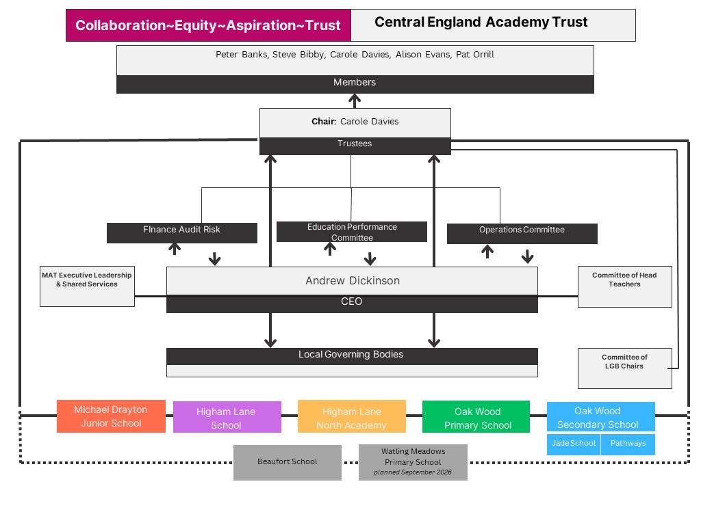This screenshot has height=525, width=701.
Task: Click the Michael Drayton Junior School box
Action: [x=111, y=416]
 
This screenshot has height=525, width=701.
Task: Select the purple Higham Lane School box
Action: [x=227, y=418]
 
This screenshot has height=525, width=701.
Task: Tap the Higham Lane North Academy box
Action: [x=351, y=418]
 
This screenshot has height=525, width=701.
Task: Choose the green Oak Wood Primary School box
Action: [x=476, y=418]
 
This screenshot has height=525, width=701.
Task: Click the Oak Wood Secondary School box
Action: [x=600, y=417]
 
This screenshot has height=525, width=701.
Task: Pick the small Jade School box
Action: [x=574, y=444]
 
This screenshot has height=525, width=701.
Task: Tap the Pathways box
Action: [x=628, y=444]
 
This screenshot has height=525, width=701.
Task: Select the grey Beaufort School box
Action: [x=287, y=462]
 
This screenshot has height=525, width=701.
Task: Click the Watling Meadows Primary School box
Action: [x=413, y=462]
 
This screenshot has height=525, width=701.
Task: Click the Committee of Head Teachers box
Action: [x=624, y=286]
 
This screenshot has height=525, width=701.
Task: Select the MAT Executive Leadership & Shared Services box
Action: [x=87, y=286]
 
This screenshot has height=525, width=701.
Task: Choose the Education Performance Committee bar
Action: [x=351, y=232]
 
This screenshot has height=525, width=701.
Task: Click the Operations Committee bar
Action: [x=522, y=233]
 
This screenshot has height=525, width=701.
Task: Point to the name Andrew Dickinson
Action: [x=352, y=281]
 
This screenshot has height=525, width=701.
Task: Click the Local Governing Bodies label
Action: [x=351, y=355]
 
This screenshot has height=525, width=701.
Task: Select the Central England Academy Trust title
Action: [x=481, y=23]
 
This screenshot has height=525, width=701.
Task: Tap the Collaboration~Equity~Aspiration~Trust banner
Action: [x=208, y=25]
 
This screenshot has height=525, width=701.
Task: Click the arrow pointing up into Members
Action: [x=355, y=100]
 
